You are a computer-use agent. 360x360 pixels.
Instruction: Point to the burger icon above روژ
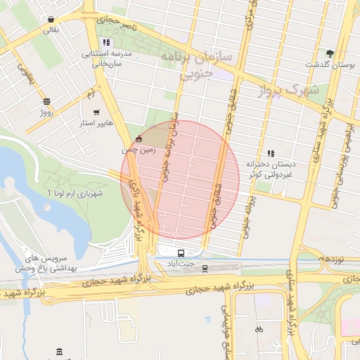pos(46,101)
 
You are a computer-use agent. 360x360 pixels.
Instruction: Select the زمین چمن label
pos(139,149)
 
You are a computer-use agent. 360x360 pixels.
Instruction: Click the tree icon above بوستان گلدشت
pos(330,53)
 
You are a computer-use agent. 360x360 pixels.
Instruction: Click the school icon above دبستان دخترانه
pos(270,153)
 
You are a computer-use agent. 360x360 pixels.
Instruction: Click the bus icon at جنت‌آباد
pos(181,253)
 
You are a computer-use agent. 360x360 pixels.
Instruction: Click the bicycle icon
pos(259,328)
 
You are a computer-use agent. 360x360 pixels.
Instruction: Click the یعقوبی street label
pos(25,74)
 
